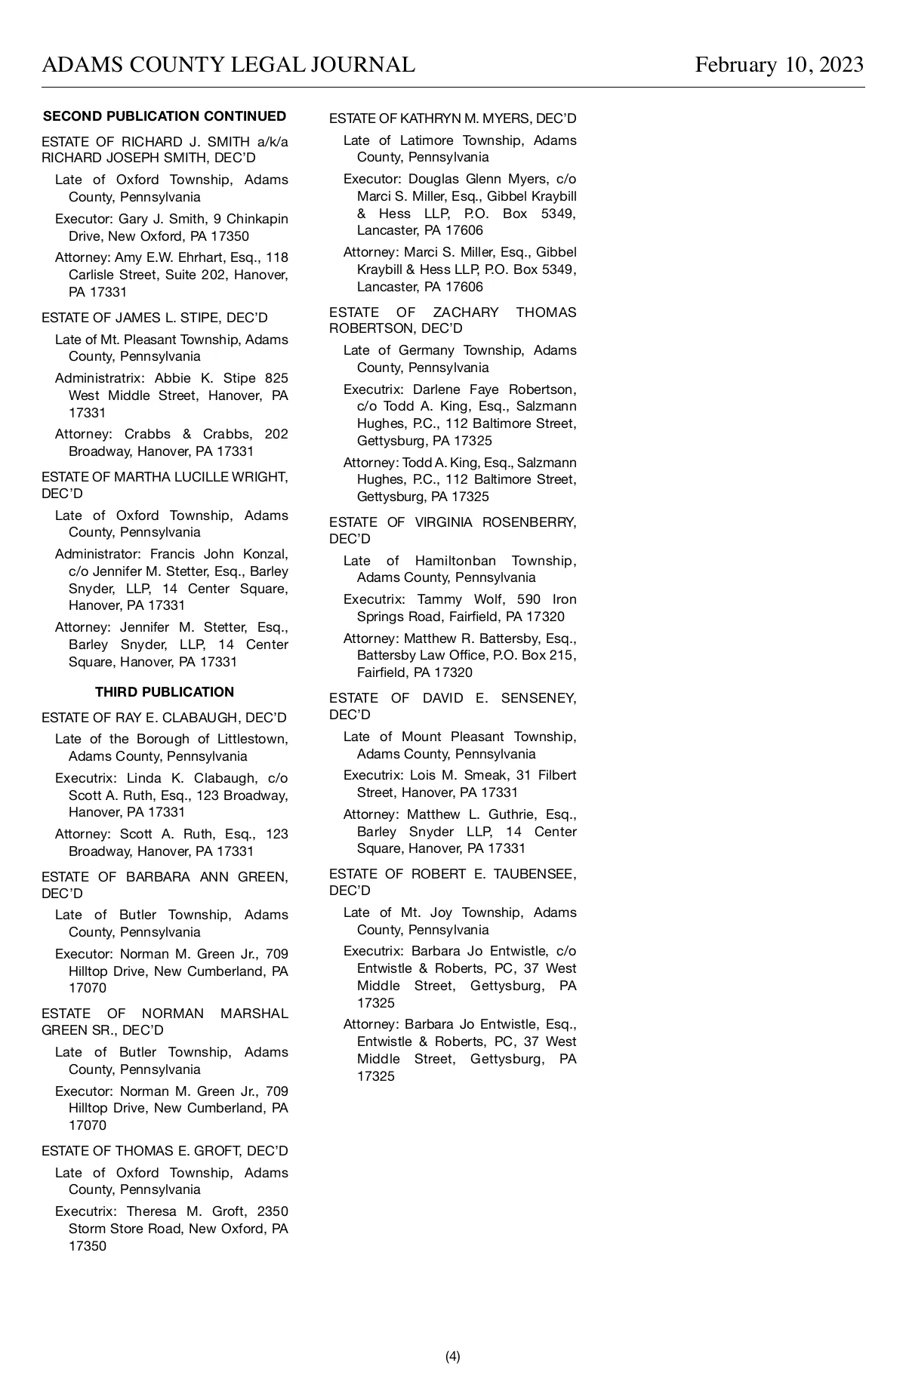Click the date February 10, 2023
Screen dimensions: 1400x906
[779, 65]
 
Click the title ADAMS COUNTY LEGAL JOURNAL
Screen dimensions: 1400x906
[228, 65]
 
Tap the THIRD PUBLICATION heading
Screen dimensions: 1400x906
[165, 692]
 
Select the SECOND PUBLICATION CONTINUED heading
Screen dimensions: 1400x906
[165, 116]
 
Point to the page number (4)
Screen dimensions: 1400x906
[453, 1356]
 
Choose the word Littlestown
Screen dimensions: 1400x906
[253, 739]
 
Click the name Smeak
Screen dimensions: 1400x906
[496, 775]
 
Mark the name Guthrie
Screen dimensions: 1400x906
[513, 814]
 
